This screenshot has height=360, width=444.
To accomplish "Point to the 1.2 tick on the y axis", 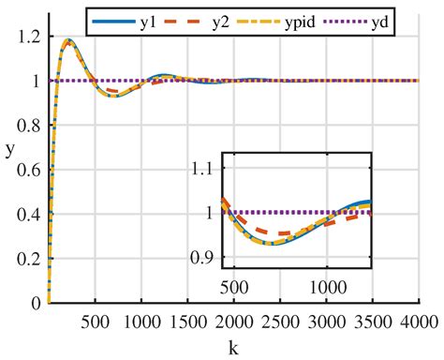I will click(28, 37).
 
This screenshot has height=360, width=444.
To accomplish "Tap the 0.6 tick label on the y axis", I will click(28, 170).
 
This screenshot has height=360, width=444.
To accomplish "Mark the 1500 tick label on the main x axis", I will click(185, 322).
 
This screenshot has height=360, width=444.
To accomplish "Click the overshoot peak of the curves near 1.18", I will click(67, 41).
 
